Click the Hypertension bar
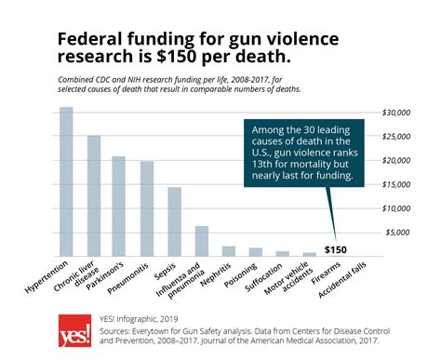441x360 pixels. point(66,181)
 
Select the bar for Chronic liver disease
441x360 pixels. point(93,195)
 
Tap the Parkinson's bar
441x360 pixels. point(119,206)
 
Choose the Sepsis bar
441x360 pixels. point(174,221)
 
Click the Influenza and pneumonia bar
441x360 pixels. point(201,241)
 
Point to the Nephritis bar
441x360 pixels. point(228,250)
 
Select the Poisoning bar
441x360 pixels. point(255,251)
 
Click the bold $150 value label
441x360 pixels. point(337,249)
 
